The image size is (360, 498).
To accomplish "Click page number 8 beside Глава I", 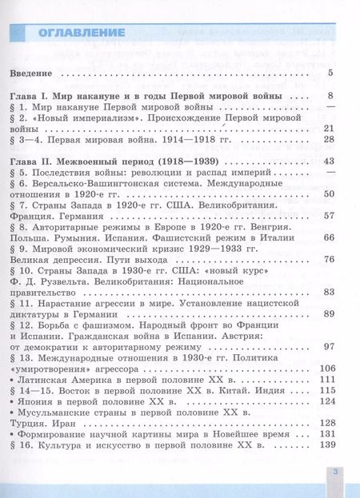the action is (330, 96).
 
